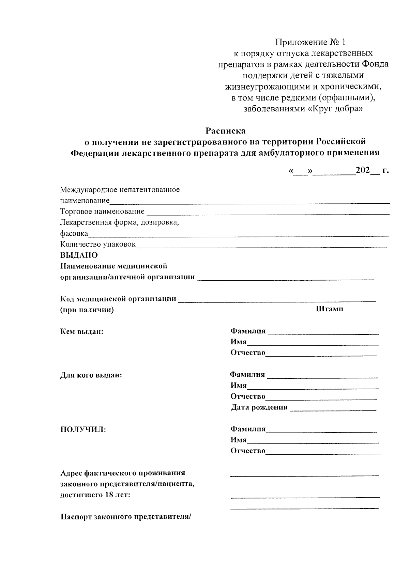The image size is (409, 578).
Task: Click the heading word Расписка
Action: tap(225, 131)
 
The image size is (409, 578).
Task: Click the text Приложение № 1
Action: tap(310, 42)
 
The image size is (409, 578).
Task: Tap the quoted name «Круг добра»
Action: tap(335, 109)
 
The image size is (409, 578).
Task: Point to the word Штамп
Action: tap(330, 309)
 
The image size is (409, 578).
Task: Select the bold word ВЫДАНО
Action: tap(79, 255)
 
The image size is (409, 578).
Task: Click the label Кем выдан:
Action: tap(82, 331)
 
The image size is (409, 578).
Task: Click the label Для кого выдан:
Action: tap(91, 375)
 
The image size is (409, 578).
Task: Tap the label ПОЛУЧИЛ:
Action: tap(83, 429)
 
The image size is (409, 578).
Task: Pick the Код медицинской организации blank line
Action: tap(277, 301)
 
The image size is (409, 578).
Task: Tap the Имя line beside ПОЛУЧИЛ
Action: tap(313, 442)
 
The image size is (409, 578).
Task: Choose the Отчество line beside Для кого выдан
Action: tap(321, 399)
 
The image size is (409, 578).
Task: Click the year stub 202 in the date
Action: tap(363, 170)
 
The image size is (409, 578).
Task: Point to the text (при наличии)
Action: tap(87, 310)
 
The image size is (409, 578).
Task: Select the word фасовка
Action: tap(74, 234)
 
